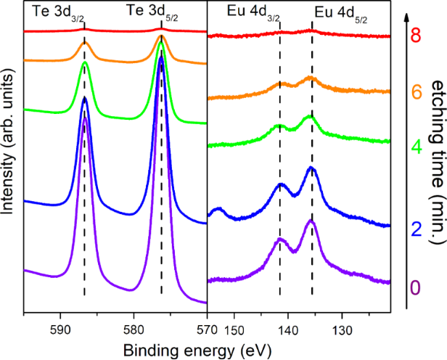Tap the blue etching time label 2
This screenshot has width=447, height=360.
[x=416, y=230]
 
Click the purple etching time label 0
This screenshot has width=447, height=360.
[x=416, y=287]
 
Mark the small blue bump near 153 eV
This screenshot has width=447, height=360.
[x=216, y=211]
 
